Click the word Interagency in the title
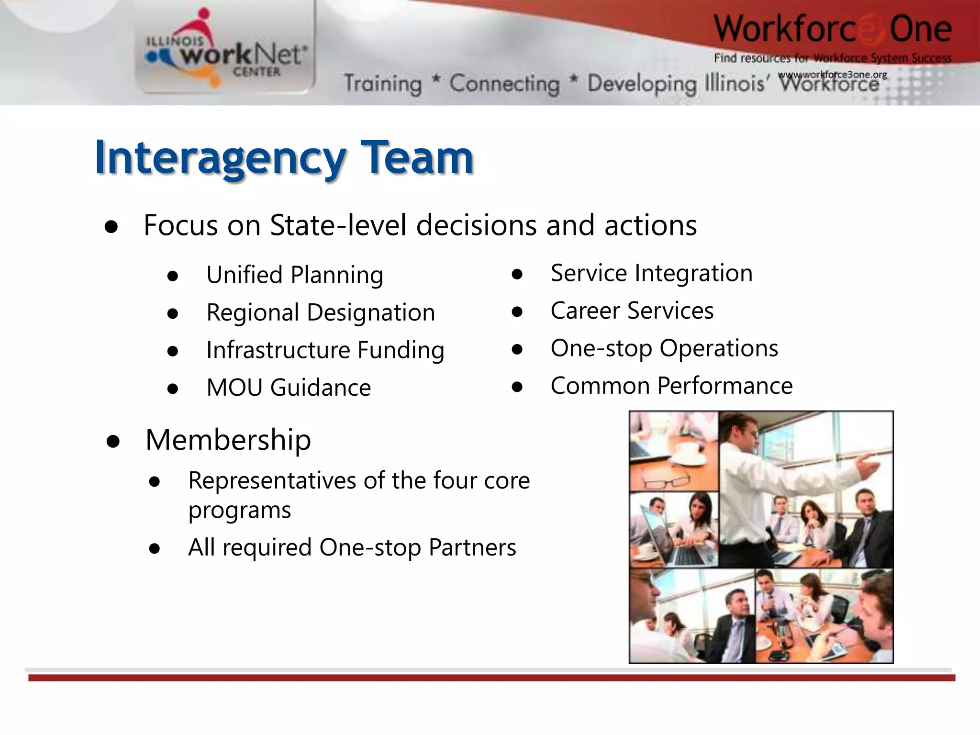point(220,158)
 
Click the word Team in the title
point(417,158)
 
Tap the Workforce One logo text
point(833,30)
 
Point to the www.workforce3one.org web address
point(833,75)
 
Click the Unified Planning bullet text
point(295,275)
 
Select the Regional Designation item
point(321,312)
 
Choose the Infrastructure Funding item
point(325,350)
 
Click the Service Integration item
point(651,273)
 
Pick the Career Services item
point(632,311)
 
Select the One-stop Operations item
point(664,348)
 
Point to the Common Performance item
point(671,386)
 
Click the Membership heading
point(228,440)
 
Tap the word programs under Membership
point(239,511)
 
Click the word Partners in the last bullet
point(472,547)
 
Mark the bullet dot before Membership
point(113,442)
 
